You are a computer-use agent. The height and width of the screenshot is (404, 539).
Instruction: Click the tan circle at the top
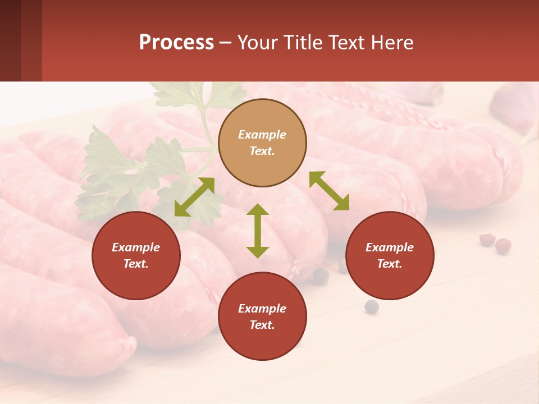coord(262,143)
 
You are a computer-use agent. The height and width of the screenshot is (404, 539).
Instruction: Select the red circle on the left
coord(136,255)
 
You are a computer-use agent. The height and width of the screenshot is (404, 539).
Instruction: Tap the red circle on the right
coord(390,255)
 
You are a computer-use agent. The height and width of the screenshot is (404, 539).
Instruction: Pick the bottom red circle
coord(262,316)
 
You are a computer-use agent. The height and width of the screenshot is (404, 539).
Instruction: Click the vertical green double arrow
coord(258,231)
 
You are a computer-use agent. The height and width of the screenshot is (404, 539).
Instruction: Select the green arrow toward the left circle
coord(194,196)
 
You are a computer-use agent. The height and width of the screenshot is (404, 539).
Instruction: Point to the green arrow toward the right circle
coord(329,191)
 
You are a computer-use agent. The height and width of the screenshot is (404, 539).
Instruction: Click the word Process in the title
coord(176,42)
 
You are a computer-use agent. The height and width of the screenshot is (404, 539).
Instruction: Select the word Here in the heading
coord(391,42)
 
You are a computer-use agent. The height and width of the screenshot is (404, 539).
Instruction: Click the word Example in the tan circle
coord(262,135)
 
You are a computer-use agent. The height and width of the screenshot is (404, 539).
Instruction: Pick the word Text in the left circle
coord(136,264)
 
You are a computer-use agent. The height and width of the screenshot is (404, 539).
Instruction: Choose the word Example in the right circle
coord(390,247)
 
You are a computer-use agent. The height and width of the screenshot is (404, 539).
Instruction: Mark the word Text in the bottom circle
coord(262,325)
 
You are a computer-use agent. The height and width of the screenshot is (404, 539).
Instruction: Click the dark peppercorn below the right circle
coord(371,306)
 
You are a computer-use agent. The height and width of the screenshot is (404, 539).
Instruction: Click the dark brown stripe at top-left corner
coord(10,40)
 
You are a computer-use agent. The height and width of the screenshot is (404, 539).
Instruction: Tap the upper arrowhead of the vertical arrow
coord(258,210)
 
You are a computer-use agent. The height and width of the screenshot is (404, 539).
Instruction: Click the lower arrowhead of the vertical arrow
coord(258,252)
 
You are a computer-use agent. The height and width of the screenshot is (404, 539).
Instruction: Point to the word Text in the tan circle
coord(262,151)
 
